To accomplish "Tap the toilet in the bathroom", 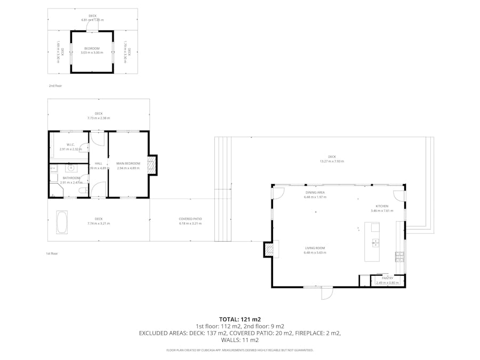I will tap(82, 190).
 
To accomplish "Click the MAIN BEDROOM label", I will tap(128, 163).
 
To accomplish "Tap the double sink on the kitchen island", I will tap(375, 243).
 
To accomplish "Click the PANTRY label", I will tap(387, 278).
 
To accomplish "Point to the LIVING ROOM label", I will tap(314, 248).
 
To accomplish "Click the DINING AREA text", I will tap(315, 193).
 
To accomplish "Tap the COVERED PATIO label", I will tap(190, 219).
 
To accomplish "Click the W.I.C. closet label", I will tap(70, 145).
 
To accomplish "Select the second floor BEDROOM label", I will tap(92, 49).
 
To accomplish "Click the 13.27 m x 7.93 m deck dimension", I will tap(332, 161).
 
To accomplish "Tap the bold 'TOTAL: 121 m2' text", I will tap(239, 319).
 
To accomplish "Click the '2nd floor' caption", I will tap(55, 85).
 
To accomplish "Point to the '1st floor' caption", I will tap(52, 253).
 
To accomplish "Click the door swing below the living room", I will tap(326, 292).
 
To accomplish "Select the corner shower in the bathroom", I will tap(55, 190).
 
